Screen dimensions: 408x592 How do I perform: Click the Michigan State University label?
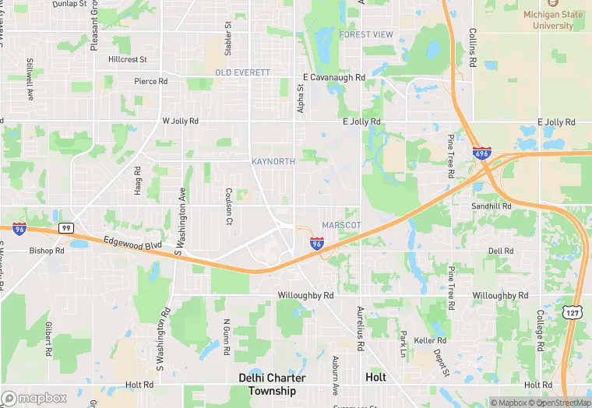click(559, 19)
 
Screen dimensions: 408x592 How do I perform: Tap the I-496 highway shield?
click(481, 154)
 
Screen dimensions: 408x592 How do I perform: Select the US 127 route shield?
click(573, 312)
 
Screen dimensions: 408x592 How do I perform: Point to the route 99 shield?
click(67, 227)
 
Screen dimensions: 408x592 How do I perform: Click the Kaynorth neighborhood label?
click(273, 161)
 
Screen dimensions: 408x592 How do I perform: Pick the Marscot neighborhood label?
click(341, 225)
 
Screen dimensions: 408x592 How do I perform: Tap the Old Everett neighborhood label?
click(242, 72)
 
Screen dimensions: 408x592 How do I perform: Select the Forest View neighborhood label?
click(366, 35)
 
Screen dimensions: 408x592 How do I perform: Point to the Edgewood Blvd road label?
click(132, 244)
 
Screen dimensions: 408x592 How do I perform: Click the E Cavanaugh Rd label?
click(333, 78)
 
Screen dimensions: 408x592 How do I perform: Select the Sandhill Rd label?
click(492, 206)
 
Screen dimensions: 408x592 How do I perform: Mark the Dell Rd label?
click(500, 251)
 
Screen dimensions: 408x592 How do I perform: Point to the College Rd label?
click(539, 327)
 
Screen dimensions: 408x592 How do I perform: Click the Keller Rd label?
click(430, 340)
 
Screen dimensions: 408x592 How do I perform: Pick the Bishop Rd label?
click(47, 251)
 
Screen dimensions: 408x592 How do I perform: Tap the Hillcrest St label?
click(128, 59)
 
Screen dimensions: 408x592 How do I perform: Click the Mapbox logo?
click(35, 398)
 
